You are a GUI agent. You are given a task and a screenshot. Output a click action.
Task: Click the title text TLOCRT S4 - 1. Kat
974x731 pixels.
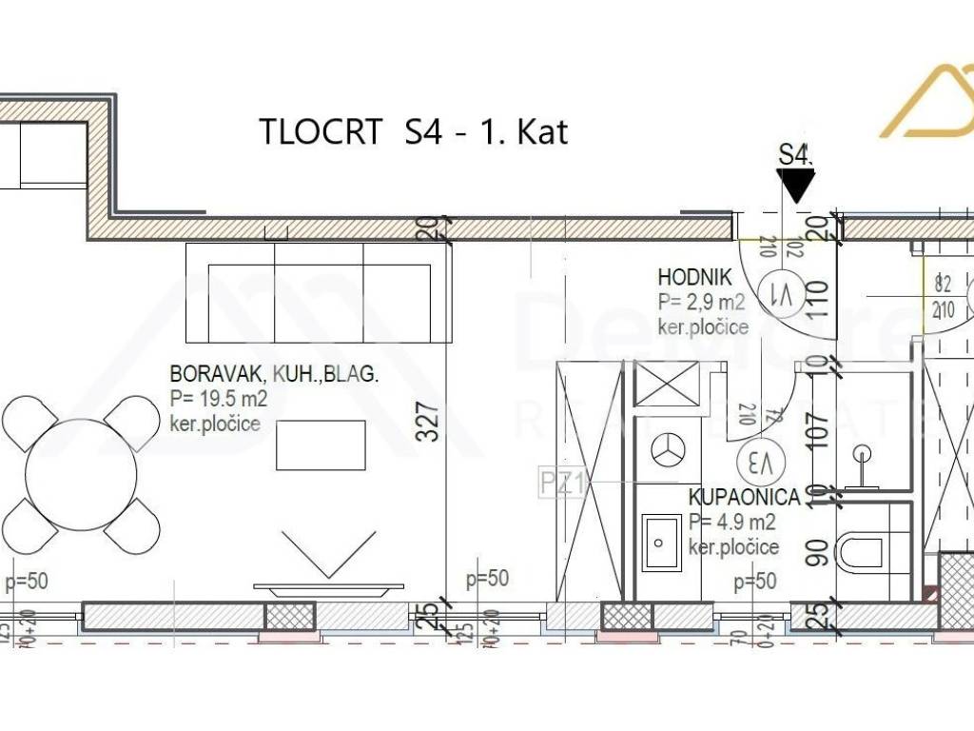point(414,131)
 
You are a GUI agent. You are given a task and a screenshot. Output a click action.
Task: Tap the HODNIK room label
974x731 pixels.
point(694,278)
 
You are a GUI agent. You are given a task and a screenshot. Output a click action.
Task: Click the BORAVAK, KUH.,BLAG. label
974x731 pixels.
point(274,375)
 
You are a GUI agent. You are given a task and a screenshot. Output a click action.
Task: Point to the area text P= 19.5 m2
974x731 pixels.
point(219,400)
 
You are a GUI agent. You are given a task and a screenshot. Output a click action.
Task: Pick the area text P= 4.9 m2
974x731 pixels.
point(732,522)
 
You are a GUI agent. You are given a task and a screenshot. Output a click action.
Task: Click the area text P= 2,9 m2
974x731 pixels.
point(701,303)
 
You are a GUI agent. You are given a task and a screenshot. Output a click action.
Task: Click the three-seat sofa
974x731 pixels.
point(318,292)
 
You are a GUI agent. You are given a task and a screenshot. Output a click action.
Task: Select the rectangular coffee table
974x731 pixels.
point(321,445)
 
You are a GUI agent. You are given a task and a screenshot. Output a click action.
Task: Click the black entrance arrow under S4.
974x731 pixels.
point(795,187)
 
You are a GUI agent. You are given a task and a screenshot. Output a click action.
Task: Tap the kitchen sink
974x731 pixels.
point(661,541)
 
